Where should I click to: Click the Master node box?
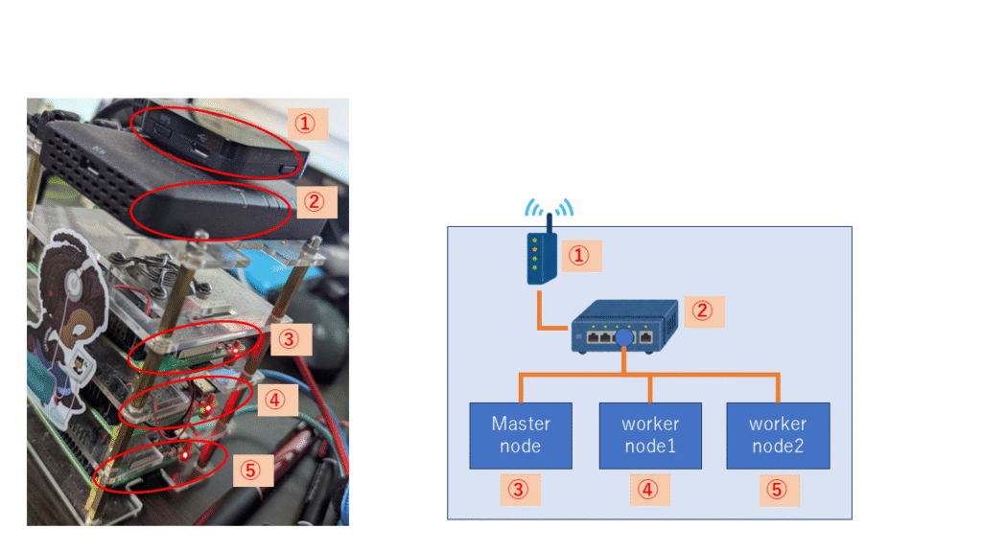tap(521, 435)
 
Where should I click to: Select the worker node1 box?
tap(650, 435)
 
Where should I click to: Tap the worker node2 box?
tap(778, 435)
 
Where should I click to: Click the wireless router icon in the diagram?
tap(541, 257)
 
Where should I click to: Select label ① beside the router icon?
tap(580, 256)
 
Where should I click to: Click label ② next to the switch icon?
tap(703, 310)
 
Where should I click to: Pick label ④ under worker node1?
tap(649, 490)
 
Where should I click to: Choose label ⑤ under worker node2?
tap(778, 490)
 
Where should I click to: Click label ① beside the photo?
tap(307, 124)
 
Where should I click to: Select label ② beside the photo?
tap(315, 202)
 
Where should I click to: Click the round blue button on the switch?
tap(624, 338)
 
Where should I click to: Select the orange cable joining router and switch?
tap(549, 316)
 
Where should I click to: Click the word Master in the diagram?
tap(521, 424)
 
